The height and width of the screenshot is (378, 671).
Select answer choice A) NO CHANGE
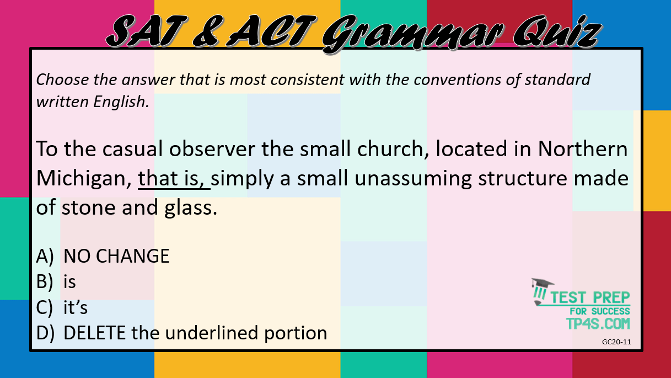click(103, 256)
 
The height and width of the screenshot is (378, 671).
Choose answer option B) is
click(56, 281)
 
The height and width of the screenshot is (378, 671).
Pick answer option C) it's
click(62, 307)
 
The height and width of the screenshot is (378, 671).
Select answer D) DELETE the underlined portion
click(181, 333)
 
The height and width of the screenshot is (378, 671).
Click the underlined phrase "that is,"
click(174, 179)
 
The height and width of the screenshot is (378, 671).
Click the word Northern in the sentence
click(583, 148)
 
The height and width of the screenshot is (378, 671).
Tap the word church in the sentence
click(393, 150)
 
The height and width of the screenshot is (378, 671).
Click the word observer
click(212, 148)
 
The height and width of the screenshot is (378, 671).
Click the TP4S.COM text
click(598, 324)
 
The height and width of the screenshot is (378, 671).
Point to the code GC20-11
click(616, 342)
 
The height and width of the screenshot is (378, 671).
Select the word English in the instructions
click(121, 102)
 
